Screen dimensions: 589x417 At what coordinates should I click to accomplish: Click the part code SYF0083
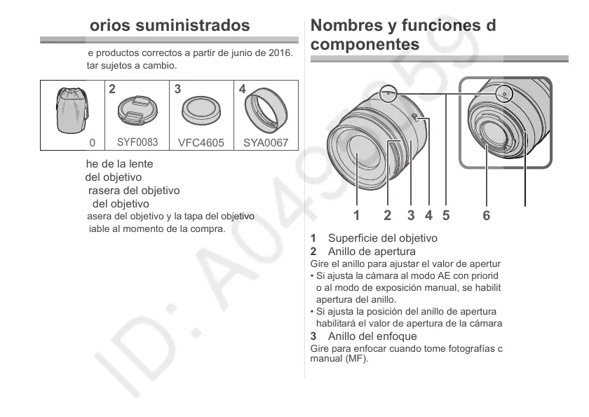tap(137, 142)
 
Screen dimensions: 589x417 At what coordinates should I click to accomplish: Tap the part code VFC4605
tap(201, 143)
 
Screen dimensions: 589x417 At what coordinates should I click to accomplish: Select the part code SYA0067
tap(266, 143)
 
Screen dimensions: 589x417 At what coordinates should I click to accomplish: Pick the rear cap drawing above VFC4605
tap(201, 110)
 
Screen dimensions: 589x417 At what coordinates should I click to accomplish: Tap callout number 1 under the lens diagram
tap(357, 215)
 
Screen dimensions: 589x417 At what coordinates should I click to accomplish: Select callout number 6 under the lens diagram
tap(487, 215)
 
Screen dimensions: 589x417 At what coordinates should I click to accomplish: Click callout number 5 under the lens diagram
tap(445, 215)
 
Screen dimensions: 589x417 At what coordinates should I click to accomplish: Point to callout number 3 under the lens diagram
tap(411, 215)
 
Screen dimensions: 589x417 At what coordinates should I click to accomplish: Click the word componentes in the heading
tap(365, 44)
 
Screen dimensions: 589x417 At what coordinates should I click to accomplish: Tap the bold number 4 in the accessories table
tap(242, 90)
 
